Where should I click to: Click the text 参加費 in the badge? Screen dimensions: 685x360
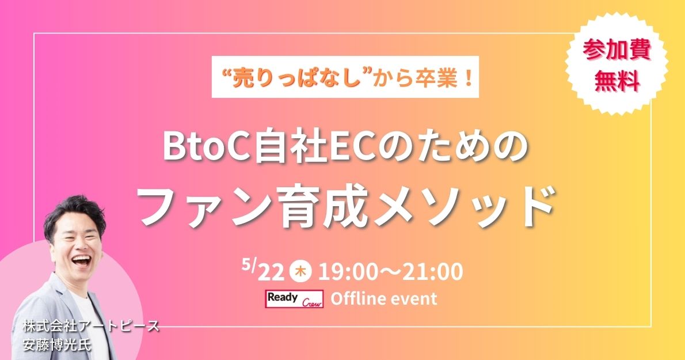pyautogui.click(x=617, y=50)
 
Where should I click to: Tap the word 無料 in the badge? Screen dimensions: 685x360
pyautogui.click(x=617, y=81)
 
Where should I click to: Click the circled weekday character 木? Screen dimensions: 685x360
pyautogui.click(x=300, y=272)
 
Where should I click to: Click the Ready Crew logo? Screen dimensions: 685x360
pyautogui.click(x=295, y=299)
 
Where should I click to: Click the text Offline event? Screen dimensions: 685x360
pyautogui.click(x=383, y=299)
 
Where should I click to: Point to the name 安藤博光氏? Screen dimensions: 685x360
pyautogui.click(x=57, y=345)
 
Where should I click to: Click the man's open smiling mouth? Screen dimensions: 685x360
pyautogui.click(x=81, y=261)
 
